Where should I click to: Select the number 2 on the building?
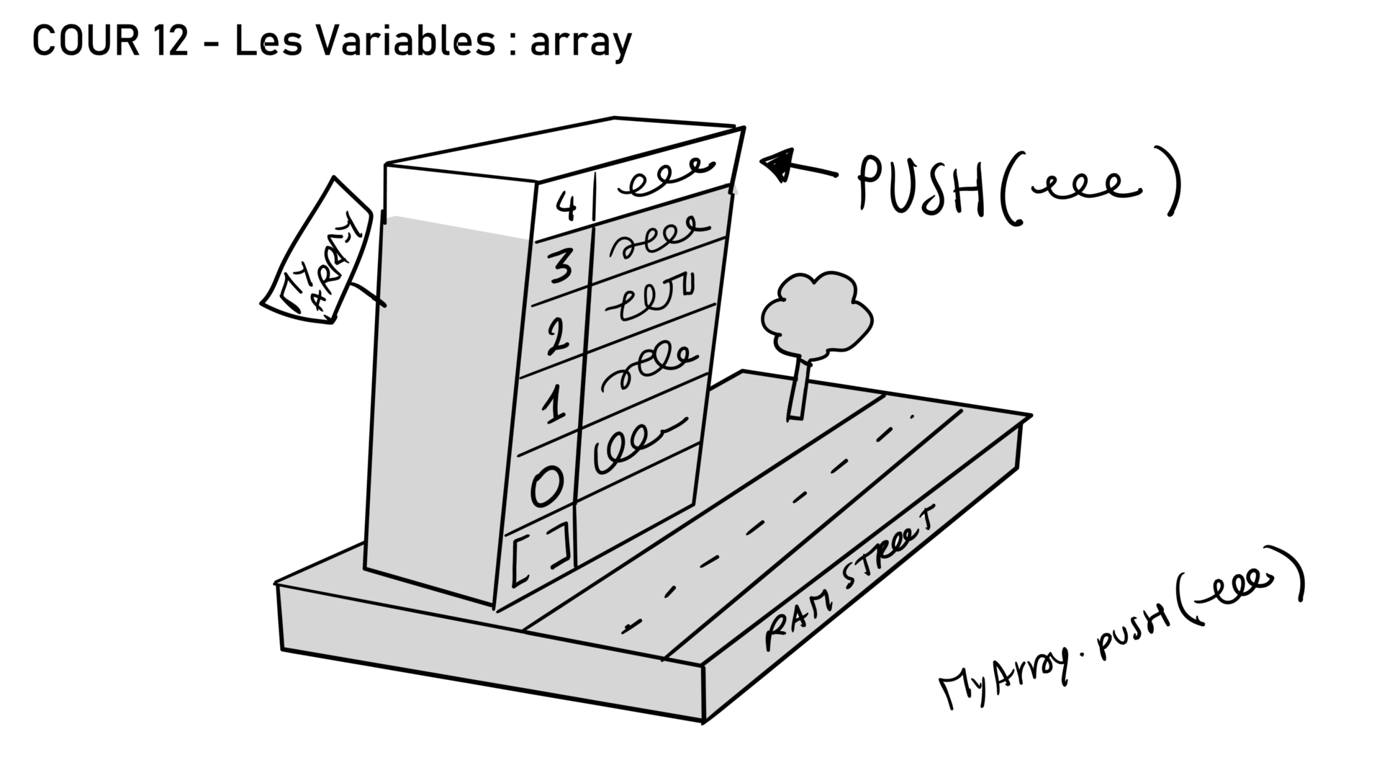[x=556, y=336]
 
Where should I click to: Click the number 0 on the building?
[x=547, y=486]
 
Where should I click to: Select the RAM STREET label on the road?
[x=849, y=576]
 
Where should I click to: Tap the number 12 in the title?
[x=170, y=42]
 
